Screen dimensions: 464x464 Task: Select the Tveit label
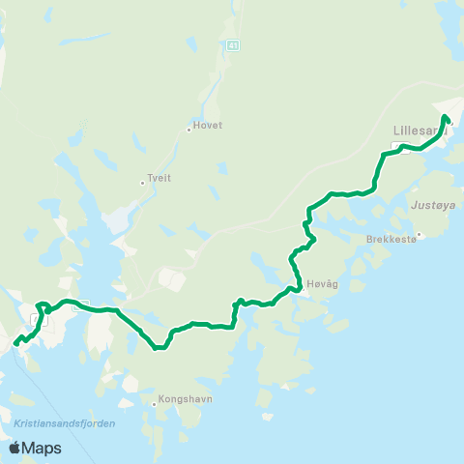click(x=158, y=179)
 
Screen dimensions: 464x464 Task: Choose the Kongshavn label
click(x=180, y=398)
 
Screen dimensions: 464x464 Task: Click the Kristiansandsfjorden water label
click(x=65, y=423)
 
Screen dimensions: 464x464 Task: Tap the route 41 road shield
click(x=232, y=44)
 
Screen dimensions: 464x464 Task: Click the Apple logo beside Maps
click(x=15, y=448)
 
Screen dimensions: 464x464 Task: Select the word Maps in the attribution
click(x=43, y=448)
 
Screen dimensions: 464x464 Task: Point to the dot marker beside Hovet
click(x=188, y=129)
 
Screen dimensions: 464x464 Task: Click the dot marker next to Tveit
click(x=141, y=181)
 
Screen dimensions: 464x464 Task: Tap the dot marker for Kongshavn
click(x=155, y=404)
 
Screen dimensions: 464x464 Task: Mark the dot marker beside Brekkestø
click(x=419, y=233)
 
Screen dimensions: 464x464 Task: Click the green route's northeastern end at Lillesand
click(x=445, y=117)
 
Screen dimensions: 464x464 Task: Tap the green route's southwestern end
click(x=15, y=341)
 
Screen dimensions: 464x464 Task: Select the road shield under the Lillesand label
click(x=396, y=146)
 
